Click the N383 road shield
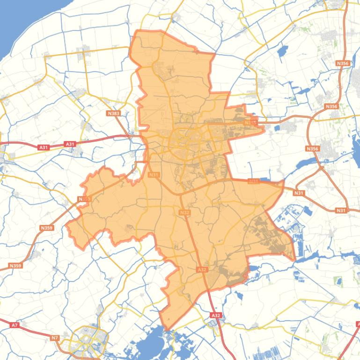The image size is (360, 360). pyautogui.click(x=113, y=113)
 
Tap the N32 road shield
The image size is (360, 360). pyautogui.click(x=184, y=213)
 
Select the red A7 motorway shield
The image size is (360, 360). pyautogui.click(x=15, y=324)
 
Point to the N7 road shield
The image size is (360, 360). pyautogui.click(x=55, y=338)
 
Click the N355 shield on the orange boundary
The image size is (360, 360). pyautogui.click(x=251, y=122)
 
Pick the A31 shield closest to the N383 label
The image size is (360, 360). pyautogui.click(x=70, y=144)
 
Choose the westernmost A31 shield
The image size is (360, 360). pyautogui.click(x=44, y=147)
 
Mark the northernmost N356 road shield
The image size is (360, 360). pyautogui.click(x=343, y=63)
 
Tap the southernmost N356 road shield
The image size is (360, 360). pyautogui.click(x=312, y=149)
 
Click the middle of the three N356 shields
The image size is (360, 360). pyautogui.click(x=331, y=107)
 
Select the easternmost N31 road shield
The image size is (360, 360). pyautogui.click(x=341, y=210)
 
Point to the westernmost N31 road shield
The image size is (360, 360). pyautogui.click(x=154, y=175)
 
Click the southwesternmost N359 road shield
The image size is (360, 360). pyautogui.click(x=15, y=266)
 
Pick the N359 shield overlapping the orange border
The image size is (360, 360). pyautogui.click(x=83, y=199)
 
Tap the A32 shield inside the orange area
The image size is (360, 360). pyautogui.click(x=202, y=270)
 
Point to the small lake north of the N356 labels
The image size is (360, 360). pyautogui.click(x=282, y=51)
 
